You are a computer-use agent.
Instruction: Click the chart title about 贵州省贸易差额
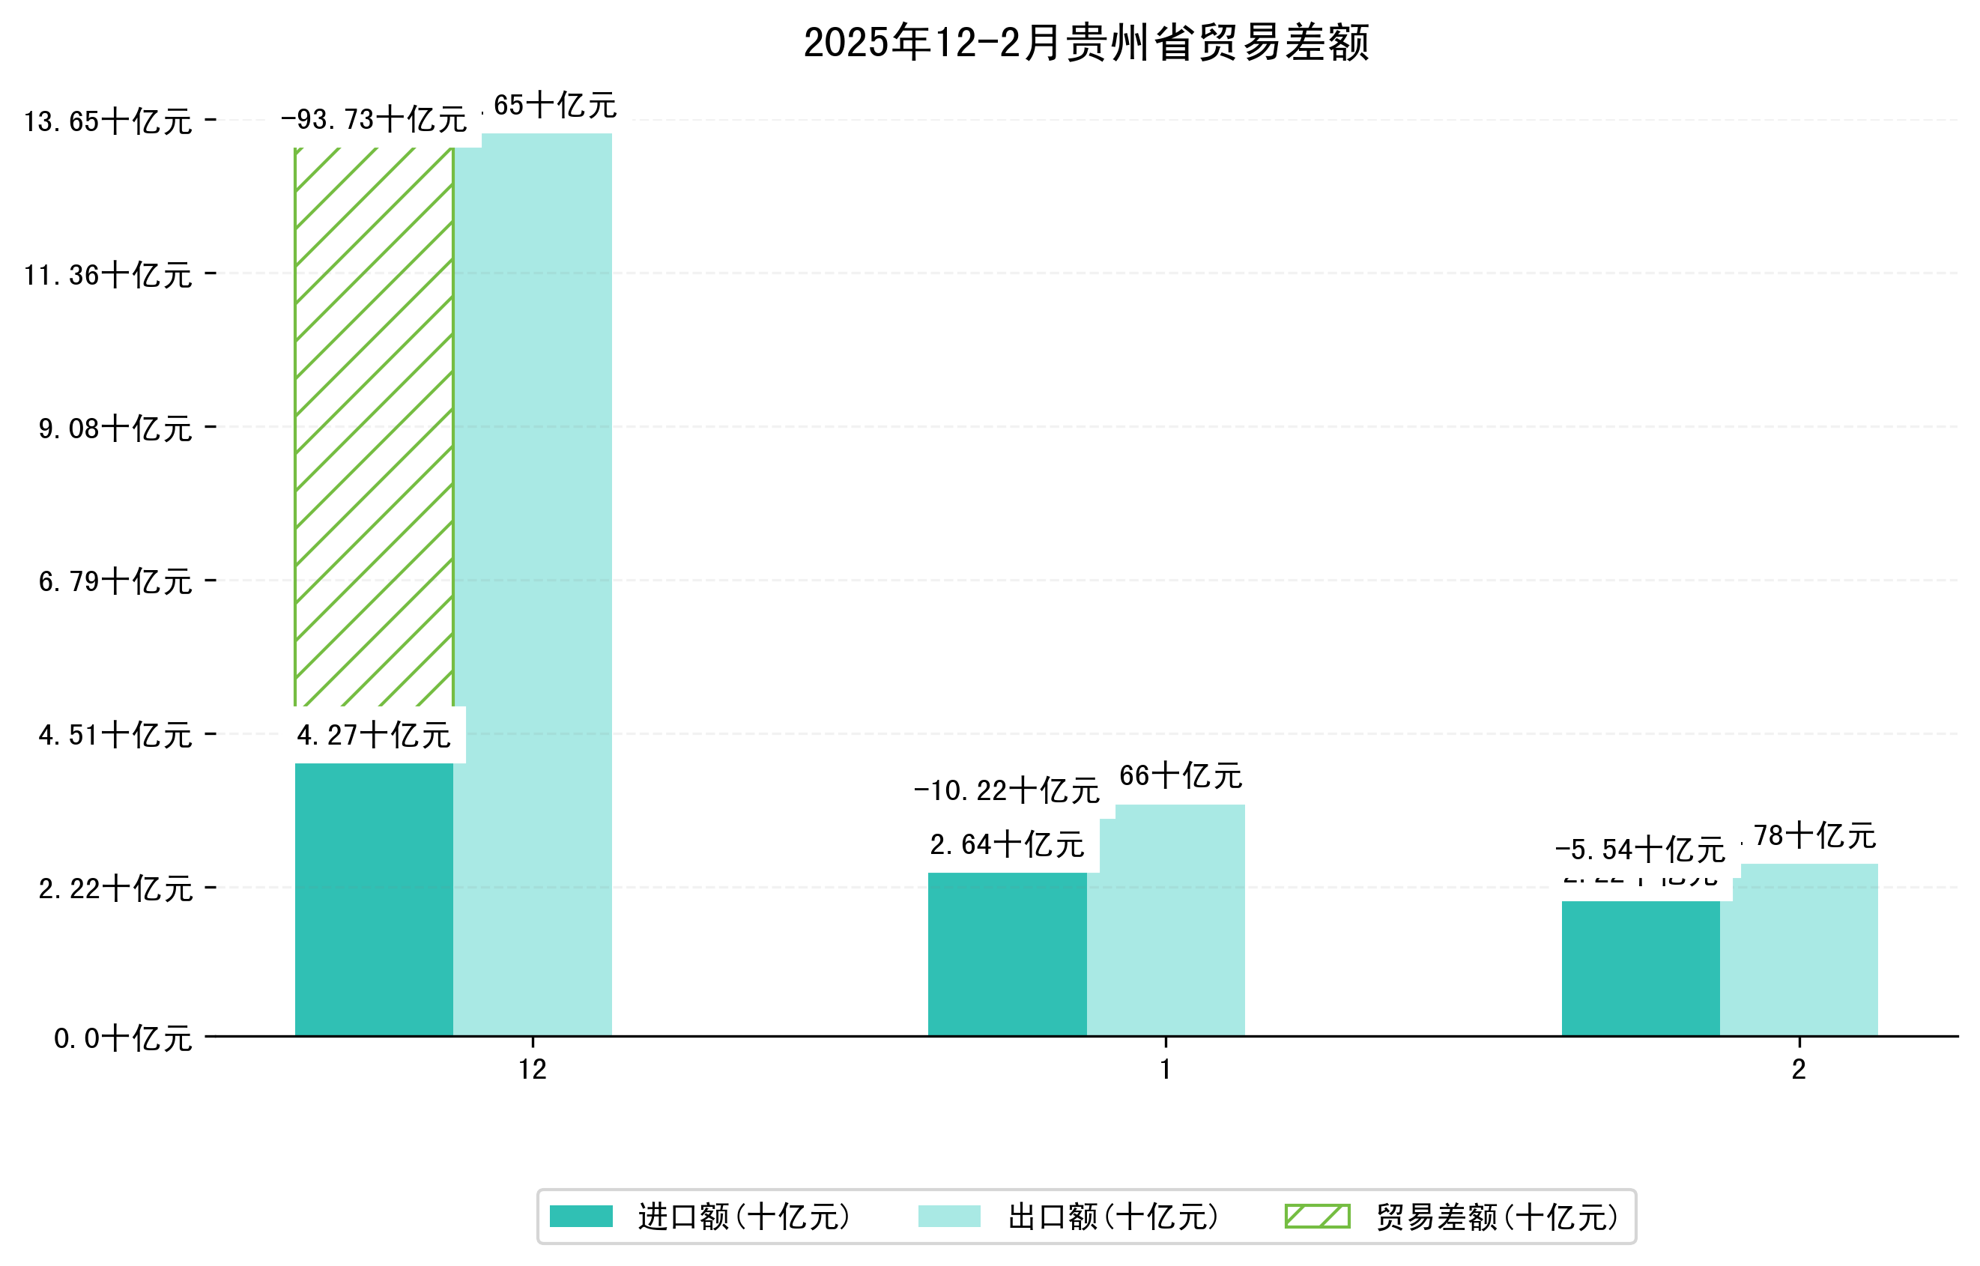(1086, 43)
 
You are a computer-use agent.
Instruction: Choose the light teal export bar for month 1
(1166, 921)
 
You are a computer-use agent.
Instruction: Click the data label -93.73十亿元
(373, 120)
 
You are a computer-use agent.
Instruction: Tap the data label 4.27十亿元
(373, 735)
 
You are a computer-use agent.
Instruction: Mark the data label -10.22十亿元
(1006, 791)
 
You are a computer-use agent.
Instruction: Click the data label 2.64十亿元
(1006, 845)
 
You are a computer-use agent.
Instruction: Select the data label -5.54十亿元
(1640, 850)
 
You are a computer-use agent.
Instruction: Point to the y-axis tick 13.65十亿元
(108, 121)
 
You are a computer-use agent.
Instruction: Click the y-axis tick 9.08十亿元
(115, 428)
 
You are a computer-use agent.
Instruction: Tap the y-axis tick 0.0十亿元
(123, 1038)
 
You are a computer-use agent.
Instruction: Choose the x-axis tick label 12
(533, 1070)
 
